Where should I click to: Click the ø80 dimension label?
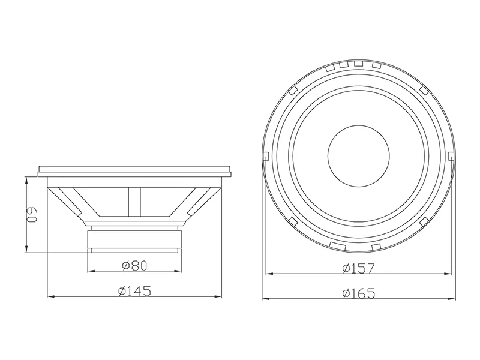(x=134, y=265)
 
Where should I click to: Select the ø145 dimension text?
(x=134, y=291)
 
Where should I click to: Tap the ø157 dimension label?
(x=358, y=268)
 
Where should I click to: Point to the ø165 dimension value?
(x=358, y=293)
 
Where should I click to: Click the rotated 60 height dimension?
(x=32, y=215)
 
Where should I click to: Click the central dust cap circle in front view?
(x=358, y=156)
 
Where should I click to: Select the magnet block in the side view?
(x=134, y=239)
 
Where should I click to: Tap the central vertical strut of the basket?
(x=134, y=202)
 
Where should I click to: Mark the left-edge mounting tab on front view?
(x=266, y=156)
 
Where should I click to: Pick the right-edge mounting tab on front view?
(x=451, y=156)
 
